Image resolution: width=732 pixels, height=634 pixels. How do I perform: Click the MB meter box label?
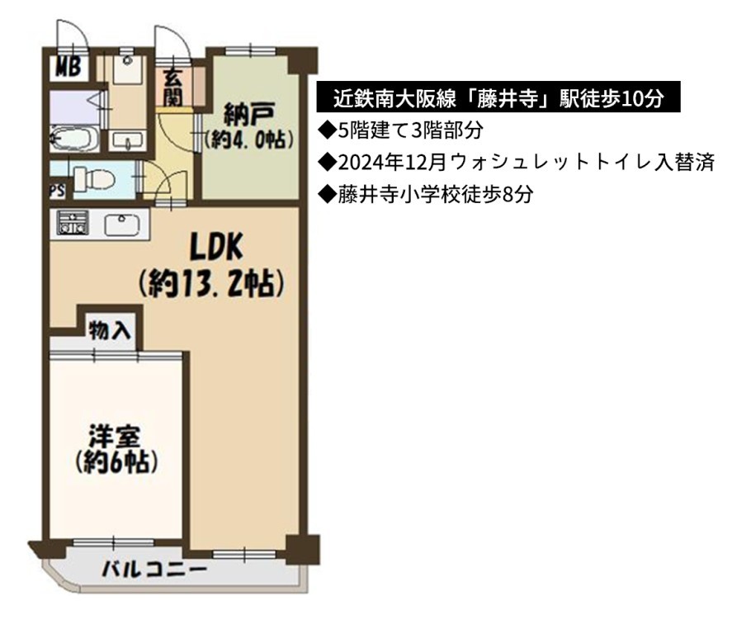[68, 68]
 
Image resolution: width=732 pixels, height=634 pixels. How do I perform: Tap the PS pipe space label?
[58, 191]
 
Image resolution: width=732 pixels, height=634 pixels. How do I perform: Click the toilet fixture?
[94, 179]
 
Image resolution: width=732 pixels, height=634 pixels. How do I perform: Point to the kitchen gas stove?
[73, 223]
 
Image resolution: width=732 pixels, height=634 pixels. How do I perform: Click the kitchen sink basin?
[122, 225]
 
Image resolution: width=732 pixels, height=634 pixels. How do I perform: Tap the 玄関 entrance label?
[172, 88]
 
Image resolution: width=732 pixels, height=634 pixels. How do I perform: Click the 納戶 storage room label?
[249, 114]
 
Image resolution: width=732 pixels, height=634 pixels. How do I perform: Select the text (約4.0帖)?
[250, 140]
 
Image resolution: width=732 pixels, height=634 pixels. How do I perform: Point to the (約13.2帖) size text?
[211, 283]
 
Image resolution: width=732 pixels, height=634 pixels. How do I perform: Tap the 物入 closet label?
[111, 330]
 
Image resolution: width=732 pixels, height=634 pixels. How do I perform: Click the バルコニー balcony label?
[154, 569]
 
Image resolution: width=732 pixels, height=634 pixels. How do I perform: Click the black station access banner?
[498, 97]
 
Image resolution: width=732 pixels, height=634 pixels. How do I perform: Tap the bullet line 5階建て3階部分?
[400, 130]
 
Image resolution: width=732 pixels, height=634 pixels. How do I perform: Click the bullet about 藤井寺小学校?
[425, 195]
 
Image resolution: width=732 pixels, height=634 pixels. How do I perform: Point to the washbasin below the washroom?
[128, 140]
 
